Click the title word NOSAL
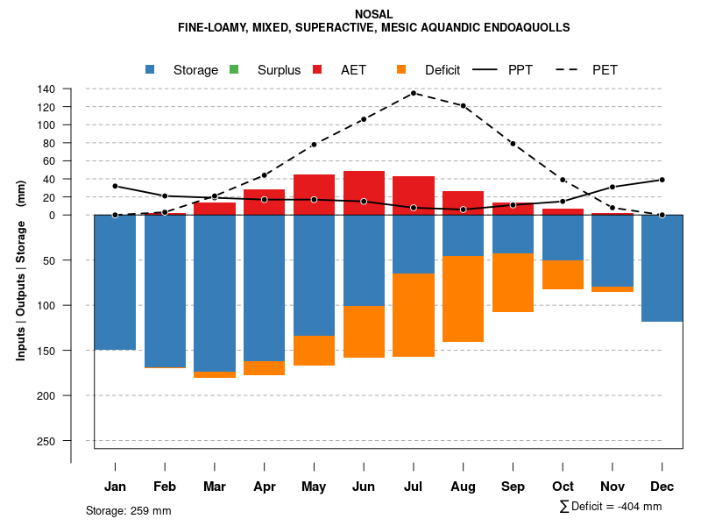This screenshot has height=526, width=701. coord(374,14)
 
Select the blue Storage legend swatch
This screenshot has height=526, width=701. coord(151,69)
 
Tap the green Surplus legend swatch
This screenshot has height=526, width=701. coord(234,69)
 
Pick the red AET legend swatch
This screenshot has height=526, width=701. coord(318,69)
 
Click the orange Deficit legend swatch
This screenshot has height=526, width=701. coord(401,69)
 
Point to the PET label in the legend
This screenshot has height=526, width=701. coord(605,70)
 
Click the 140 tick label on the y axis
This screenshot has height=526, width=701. coord(46,89)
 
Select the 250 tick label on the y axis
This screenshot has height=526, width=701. coord(46,441)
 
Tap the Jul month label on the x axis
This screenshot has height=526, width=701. coord(414,487)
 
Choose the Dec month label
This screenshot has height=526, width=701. coord(662,487)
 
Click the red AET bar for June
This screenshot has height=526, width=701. coord(364,193)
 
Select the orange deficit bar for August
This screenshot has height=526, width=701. coord(463,298)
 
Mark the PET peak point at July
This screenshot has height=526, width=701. coord(414,93)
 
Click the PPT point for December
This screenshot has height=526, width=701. coord(662,180)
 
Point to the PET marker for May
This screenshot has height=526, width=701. coord(314,145)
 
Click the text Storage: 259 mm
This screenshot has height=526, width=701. coord(129,510)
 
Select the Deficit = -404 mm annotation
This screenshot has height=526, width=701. coord(611,507)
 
